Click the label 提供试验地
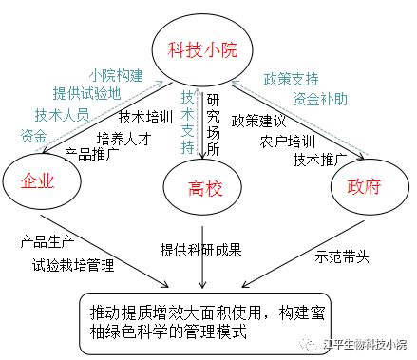pos(86,93)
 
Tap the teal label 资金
pos(33,136)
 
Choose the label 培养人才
pos(123,138)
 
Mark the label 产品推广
pos(91,153)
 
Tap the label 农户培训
pos(288,141)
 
